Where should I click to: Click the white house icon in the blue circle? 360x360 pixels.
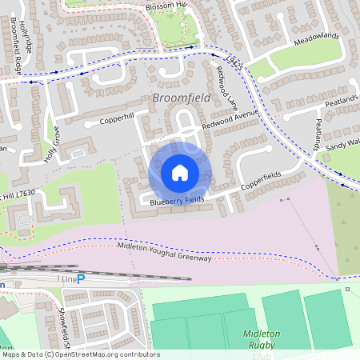(x=180, y=172)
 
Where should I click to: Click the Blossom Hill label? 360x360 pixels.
(x=165, y=6)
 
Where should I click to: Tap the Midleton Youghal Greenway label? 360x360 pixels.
(x=164, y=253)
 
